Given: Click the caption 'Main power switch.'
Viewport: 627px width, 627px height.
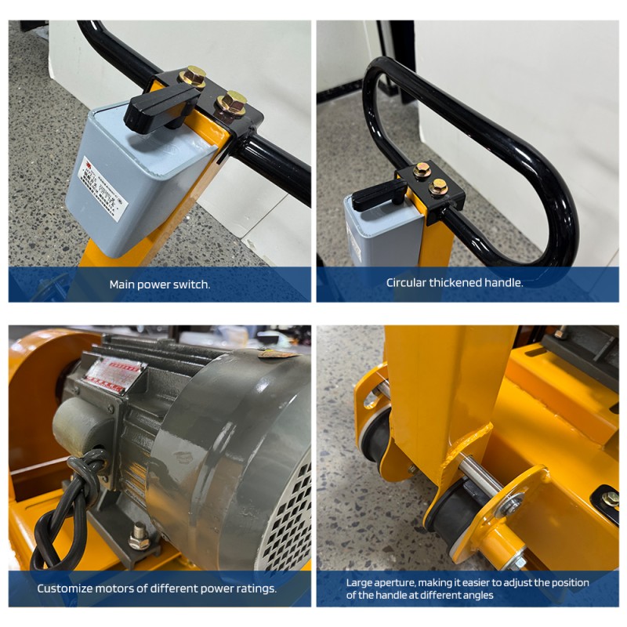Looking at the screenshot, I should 159,285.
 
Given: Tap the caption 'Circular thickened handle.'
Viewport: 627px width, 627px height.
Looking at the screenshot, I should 455,282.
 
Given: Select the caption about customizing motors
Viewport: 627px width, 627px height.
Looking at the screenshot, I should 157,588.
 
